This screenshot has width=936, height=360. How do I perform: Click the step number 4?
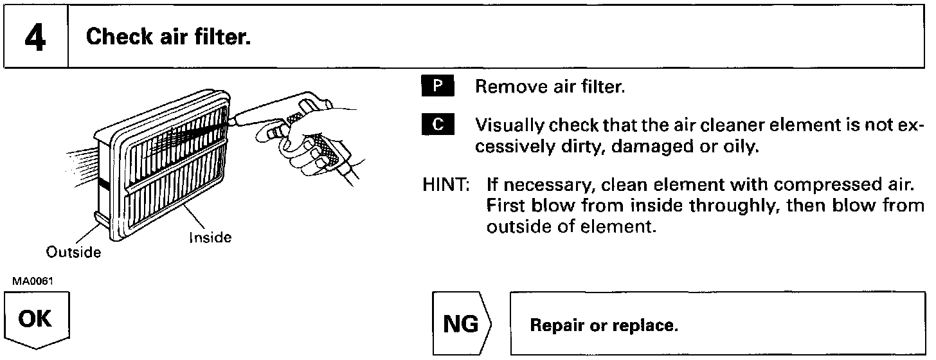click(36, 37)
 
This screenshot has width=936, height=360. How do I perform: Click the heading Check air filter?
click(168, 37)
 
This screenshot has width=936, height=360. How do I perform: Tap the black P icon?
click(438, 86)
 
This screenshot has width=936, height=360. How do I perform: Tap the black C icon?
click(438, 125)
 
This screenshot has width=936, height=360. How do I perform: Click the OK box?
click(36, 319)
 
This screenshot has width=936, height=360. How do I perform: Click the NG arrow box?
click(462, 324)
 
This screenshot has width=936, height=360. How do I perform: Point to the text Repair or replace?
click(604, 325)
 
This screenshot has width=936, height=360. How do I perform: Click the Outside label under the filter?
click(73, 253)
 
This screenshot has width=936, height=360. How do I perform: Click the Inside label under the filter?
click(210, 238)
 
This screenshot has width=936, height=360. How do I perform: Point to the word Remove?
click(502, 87)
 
